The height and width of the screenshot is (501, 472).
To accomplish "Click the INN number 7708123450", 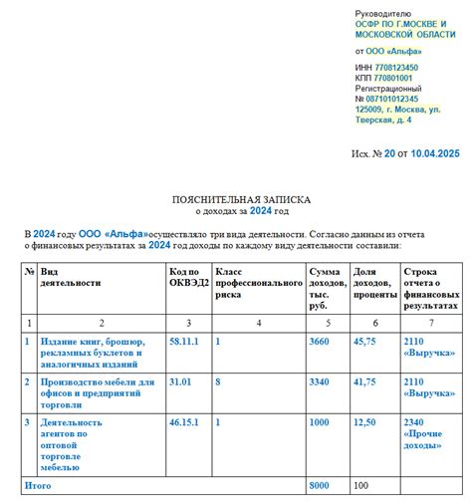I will pos(395,68).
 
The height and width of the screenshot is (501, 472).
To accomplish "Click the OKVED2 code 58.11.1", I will pos(184,341).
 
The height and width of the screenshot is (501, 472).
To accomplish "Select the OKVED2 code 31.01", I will pos(180,380).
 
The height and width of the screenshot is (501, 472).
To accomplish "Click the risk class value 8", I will pos(218,380).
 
